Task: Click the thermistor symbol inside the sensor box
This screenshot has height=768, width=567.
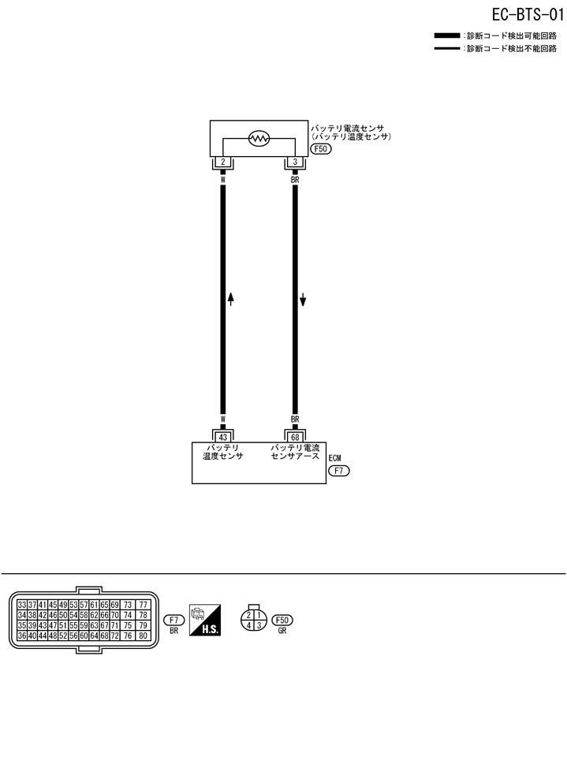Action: [259, 139]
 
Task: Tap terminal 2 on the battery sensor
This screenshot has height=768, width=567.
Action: [223, 162]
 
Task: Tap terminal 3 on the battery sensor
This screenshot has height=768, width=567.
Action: [295, 162]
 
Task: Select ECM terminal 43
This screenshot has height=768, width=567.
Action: [223, 437]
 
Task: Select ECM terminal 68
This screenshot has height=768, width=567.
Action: [295, 437]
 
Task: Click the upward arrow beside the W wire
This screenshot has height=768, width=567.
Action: [230, 299]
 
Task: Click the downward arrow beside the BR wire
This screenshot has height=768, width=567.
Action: [302, 300]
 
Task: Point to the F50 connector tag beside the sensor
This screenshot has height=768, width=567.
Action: [320, 147]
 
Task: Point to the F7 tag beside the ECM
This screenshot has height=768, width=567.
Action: [338, 472]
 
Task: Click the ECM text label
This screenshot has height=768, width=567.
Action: [335, 457]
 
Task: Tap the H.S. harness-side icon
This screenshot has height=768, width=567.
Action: [205, 620]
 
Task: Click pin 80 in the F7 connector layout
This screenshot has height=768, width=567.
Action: [144, 636]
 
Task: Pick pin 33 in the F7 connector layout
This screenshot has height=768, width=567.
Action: [22, 605]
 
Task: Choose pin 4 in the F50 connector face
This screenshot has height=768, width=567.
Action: [248, 625]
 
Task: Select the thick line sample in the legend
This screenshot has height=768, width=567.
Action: [448, 35]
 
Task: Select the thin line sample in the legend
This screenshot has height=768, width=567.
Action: [448, 48]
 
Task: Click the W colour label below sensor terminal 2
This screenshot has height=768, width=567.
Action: [223, 179]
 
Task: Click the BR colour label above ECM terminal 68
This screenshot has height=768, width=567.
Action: [295, 419]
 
